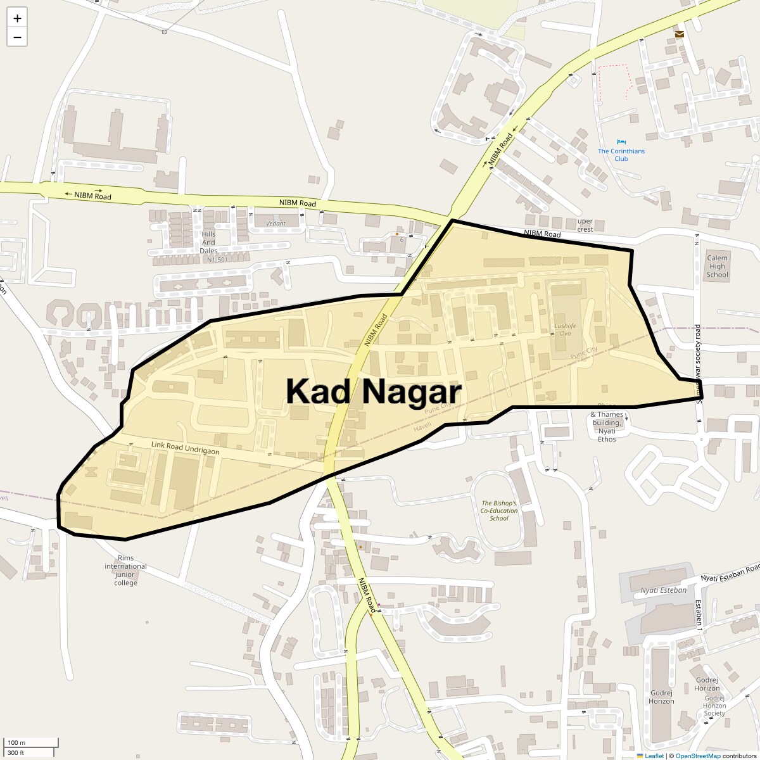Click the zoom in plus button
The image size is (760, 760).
click(17, 18)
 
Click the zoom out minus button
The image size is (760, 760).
click(17, 37)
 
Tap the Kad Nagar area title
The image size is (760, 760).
click(373, 391)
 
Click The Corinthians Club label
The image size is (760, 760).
click(621, 155)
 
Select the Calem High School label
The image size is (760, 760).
click(717, 266)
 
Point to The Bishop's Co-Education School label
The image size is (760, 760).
click(499, 510)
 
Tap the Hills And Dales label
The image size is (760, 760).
click(208, 243)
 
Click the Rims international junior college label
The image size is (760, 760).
click(125, 570)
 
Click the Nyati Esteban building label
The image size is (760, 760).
click(663, 590)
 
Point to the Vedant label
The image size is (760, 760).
click(275, 224)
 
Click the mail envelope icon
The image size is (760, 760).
click(679, 34)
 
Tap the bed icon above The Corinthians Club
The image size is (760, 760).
click(621, 142)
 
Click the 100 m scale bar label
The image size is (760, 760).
click(16, 742)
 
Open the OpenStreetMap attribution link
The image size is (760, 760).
click(697, 756)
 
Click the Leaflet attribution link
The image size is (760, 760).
click(654, 756)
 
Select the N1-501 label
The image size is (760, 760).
click(217, 260)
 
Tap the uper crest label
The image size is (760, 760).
click(585, 225)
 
